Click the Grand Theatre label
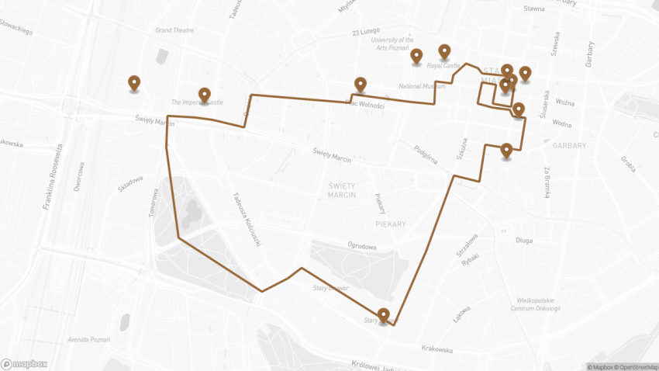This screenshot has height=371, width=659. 174,30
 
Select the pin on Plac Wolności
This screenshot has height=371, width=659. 361,84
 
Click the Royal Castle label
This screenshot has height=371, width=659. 445,66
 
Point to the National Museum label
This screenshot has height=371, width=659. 422,86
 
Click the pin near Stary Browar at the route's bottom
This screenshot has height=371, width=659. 383,315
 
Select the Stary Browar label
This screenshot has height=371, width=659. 330,287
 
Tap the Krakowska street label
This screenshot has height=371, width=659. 438,349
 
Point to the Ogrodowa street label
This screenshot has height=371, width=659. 362,247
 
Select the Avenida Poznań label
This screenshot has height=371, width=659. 88,339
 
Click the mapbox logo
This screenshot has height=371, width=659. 25,363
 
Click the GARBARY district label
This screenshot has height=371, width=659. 570,145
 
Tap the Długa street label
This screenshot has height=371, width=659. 524,241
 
